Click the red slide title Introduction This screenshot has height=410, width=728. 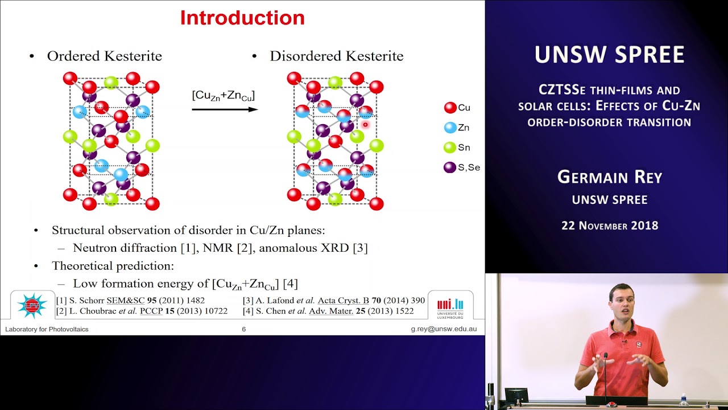pos(242,18)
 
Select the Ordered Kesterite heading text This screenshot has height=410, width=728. pos(104,56)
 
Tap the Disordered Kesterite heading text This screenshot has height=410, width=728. pos(336,56)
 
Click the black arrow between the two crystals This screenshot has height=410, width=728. pos(225,109)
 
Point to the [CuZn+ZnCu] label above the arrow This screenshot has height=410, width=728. pos(223,95)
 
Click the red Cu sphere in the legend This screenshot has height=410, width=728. pos(450,108)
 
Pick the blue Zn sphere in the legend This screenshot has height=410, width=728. pos(450,128)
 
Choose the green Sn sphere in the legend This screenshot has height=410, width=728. pos(450,147)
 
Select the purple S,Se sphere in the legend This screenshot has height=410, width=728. pos(450,167)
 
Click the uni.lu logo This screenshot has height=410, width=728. pos(450,306)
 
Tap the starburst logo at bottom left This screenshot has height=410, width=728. pos(32,305)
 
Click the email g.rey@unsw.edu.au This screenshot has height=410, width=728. pos(444,329)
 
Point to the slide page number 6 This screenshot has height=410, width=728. pos(244,329)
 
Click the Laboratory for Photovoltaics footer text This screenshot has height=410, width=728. pos(47,329)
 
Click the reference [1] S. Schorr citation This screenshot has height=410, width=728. pos(130,300)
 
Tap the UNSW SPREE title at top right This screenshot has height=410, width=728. pos(609,55)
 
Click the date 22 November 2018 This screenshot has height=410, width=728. pos(610,225)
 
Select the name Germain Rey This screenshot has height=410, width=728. pos(610,177)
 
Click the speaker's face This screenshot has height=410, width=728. pos(621,302)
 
